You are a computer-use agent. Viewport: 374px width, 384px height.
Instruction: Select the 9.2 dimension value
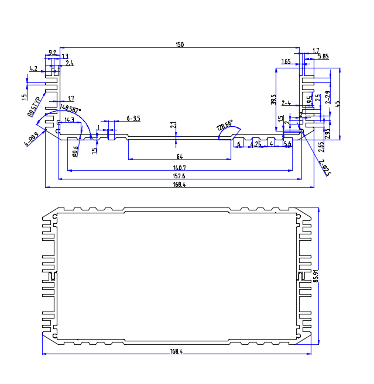tap(52, 53)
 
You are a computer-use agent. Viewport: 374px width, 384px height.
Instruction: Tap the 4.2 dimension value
tap(33, 69)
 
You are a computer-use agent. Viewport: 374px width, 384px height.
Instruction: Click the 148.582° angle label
tap(71, 109)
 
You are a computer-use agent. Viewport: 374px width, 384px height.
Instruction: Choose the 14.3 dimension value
tap(69, 120)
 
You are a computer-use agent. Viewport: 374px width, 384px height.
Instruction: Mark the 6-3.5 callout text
tap(133, 119)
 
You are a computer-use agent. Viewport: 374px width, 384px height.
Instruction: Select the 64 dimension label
tap(180, 156)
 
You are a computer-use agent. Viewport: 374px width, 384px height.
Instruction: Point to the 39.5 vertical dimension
tap(273, 100)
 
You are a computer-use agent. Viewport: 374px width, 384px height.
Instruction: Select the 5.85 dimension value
tap(323, 57)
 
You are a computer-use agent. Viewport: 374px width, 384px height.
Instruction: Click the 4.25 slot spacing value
tap(255, 144)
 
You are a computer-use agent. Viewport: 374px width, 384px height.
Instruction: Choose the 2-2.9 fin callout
tap(328, 97)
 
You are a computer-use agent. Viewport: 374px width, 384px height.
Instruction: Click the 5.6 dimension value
tap(287, 144)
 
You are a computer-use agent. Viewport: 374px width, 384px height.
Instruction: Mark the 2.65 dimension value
tap(321, 146)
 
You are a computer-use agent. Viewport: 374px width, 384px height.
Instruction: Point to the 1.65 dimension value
tap(286, 61)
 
